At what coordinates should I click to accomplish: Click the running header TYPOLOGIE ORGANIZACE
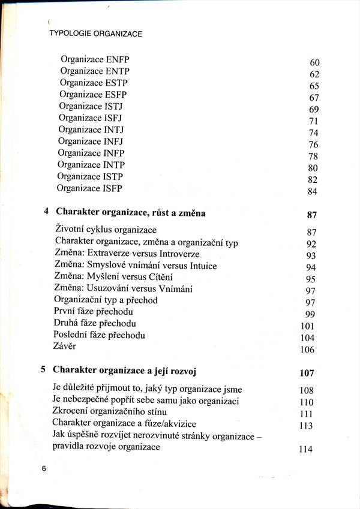pyautogui.click(x=95, y=34)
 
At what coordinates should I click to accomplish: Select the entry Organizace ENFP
pyautogui.click(x=95, y=60)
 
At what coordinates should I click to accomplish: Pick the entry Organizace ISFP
pyautogui.click(x=89, y=188)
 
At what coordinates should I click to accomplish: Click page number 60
pyautogui.click(x=314, y=63)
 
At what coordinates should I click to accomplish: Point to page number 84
pyautogui.click(x=312, y=192)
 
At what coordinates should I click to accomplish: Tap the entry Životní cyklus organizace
pyautogui.click(x=106, y=230)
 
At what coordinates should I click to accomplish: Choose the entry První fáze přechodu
pyautogui.click(x=93, y=311)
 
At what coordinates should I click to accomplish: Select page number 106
pyautogui.click(x=307, y=350)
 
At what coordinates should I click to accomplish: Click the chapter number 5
pyautogui.click(x=44, y=369)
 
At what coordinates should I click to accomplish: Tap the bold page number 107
pyautogui.click(x=307, y=374)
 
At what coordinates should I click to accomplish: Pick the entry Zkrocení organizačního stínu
pyautogui.click(x=110, y=412)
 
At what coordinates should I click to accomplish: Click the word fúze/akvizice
pyautogui.click(x=179, y=424)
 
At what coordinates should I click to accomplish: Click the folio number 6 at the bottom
pyautogui.click(x=44, y=468)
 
